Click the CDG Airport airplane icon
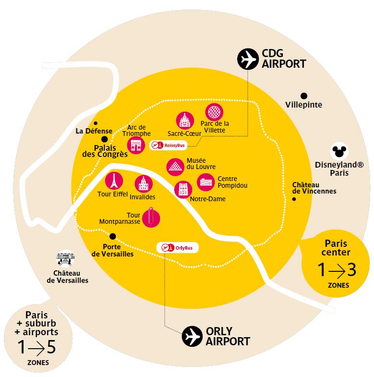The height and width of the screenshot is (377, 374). pyautogui.click(x=248, y=60)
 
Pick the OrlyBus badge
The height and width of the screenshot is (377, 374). pyautogui.click(x=177, y=248)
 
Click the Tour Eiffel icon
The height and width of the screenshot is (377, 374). pyautogui.click(x=114, y=181)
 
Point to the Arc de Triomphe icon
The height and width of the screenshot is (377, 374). pyautogui.click(x=135, y=145)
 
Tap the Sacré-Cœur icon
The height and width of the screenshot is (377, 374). pyautogui.click(x=185, y=120)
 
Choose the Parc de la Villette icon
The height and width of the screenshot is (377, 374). pyautogui.click(x=214, y=112)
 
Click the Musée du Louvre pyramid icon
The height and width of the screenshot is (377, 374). pyautogui.click(x=175, y=167)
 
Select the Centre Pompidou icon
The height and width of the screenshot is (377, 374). pyautogui.click(x=206, y=182)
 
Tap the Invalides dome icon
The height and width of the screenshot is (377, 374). pyautogui.click(x=143, y=183)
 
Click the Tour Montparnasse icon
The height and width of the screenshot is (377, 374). pyautogui.click(x=151, y=218)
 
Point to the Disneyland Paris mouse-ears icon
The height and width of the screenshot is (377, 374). pyautogui.click(x=340, y=151)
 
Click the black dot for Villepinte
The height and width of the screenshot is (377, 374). pyautogui.click(x=303, y=96)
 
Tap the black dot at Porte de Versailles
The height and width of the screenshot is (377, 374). pyautogui.click(x=113, y=236)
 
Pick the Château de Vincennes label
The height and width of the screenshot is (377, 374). pyautogui.click(x=314, y=188)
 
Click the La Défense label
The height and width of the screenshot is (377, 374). pyautogui.click(x=94, y=131)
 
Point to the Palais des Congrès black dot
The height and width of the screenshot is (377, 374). pyautogui.click(x=104, y=139)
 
